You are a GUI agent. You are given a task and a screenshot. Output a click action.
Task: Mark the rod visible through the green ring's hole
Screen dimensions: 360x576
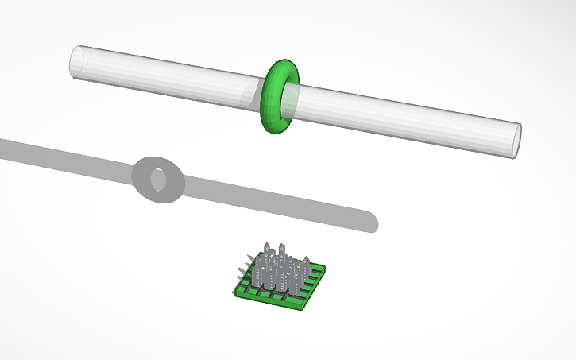coord(290,97)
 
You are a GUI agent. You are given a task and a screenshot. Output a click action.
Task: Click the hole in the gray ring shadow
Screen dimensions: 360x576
coord(159,180)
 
